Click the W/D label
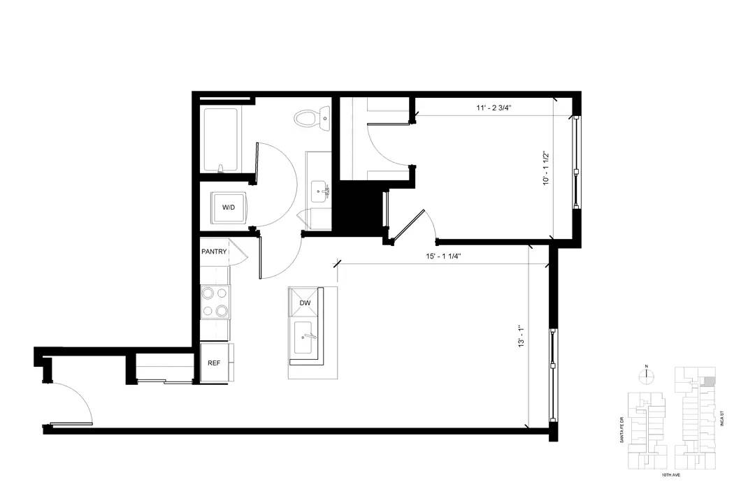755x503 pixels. [228, 207]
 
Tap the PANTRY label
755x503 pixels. [214, 251]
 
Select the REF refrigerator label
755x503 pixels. [214, 363]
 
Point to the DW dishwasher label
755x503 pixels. [305, 302]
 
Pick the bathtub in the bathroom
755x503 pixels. [221, 140]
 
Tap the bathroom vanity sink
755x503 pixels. [319, 191]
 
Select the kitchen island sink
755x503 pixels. [305, 336]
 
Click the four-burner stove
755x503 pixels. [215, 301]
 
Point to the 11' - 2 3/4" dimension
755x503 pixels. [494, 108]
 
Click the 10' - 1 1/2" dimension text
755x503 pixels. [546, 169]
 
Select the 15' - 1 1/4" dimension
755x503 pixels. [443, 256]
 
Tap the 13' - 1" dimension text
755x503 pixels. [521, 337]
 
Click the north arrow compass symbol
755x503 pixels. [647, 375]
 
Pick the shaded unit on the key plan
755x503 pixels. [706, 381]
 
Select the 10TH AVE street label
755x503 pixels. [670, 474]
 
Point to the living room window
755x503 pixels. [553, 375]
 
